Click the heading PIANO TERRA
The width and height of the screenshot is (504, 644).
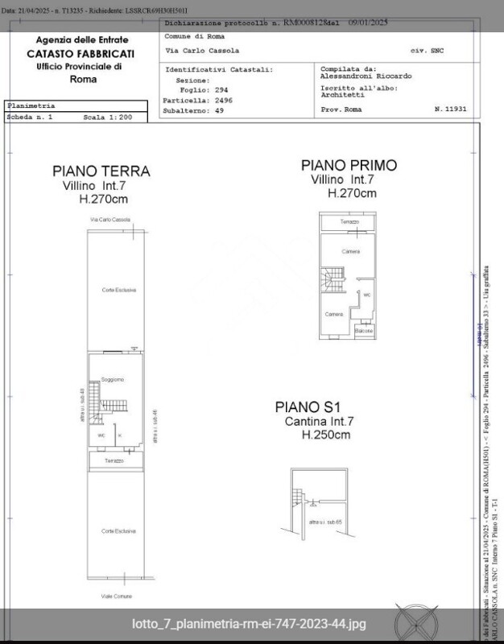click(101, 171)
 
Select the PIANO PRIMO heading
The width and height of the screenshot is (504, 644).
click(349, 165)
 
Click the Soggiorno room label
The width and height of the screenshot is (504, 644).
click(113, 379)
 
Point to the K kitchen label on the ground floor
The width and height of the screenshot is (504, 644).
click(120, 436)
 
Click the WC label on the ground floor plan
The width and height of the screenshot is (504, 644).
click(101, 436)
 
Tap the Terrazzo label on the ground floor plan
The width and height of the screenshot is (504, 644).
click(114, 460)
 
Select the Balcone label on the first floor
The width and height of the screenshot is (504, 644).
click(364, 331)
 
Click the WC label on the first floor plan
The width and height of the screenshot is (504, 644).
click(366, 295)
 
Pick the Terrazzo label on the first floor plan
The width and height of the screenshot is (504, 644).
click(349, 221)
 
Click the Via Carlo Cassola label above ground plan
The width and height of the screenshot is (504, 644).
click(110, 220)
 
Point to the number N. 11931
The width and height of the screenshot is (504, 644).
click(449, 108)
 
